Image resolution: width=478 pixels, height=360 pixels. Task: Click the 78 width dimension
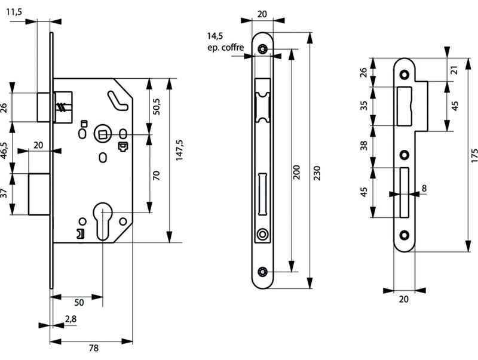pyautogui.click(x=93, y=349)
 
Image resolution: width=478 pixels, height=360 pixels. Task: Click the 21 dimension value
pyautogui.click(x=455, y=70)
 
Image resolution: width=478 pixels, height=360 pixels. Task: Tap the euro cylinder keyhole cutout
pyautogui.click(x=103, y=221)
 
